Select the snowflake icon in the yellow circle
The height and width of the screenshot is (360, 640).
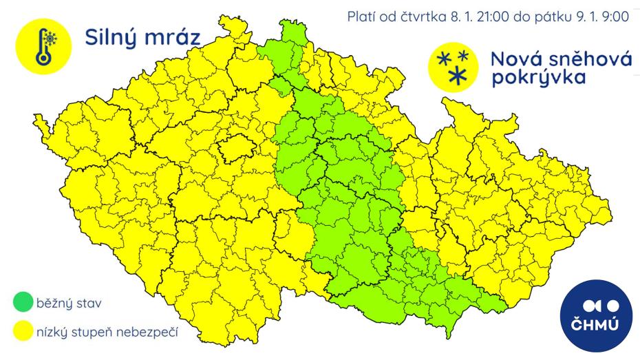[454, 66]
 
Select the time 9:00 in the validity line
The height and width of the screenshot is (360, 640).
[615, 17]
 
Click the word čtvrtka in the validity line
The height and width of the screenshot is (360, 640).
[423, 17]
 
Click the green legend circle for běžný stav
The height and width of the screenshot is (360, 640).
[23, 302]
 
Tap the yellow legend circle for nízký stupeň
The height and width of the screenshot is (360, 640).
[23, 333]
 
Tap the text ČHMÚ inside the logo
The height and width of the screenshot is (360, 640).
[595, 324]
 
